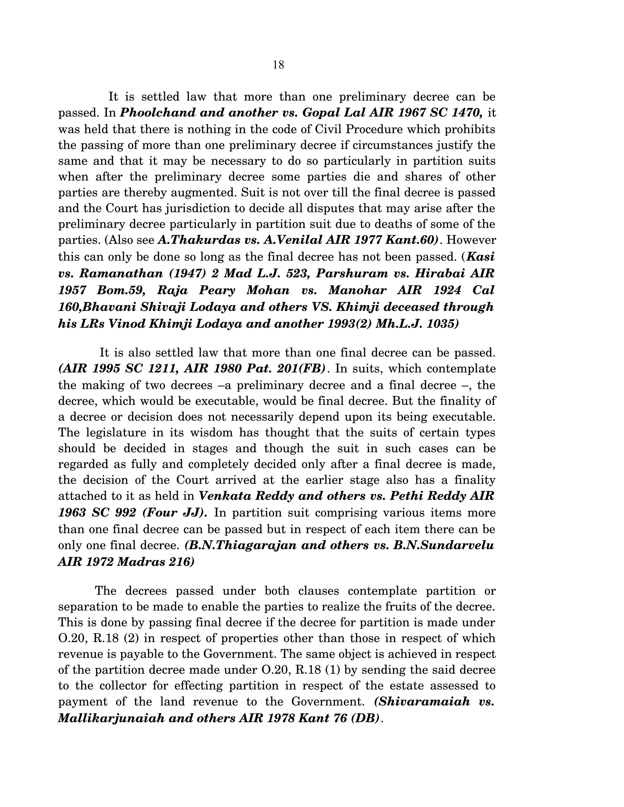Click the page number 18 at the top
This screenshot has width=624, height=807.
(x=278, y=65)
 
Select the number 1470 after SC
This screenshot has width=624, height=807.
(x=466, y=113)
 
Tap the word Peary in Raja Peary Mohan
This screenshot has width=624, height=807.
(x=217, y=290)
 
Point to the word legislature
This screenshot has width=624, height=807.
(x=116, y=432)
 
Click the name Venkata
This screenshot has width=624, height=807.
(x=221, y=496)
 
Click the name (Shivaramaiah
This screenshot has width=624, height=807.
(x=422, y=701)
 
